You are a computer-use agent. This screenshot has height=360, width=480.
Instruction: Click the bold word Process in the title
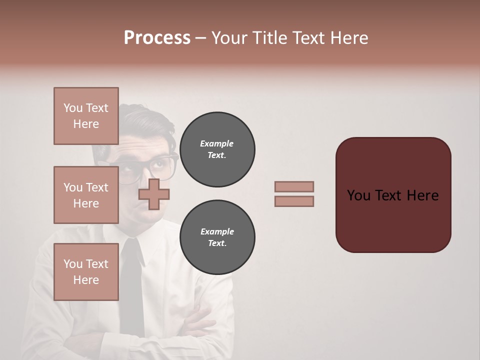point(157,38)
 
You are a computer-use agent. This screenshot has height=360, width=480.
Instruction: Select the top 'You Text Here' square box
point(86,116)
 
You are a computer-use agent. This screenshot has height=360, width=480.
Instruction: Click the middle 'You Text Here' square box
point(86,195)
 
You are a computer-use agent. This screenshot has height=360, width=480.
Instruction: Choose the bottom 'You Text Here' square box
point(86,271)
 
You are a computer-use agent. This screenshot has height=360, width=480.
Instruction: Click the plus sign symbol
point(154,194)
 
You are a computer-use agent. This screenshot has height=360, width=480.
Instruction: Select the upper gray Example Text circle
point(217,149)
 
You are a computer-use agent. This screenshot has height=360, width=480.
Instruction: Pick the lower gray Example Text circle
point(217,237)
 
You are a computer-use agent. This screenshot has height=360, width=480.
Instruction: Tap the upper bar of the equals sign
point(294,186)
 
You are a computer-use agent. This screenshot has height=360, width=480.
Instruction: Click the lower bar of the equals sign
point(294,201)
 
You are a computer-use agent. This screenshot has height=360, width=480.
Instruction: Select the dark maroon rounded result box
point(393,195)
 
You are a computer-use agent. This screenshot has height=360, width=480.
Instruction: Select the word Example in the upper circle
point(217,143)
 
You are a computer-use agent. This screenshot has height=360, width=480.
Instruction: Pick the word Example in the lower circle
point(217,231)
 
